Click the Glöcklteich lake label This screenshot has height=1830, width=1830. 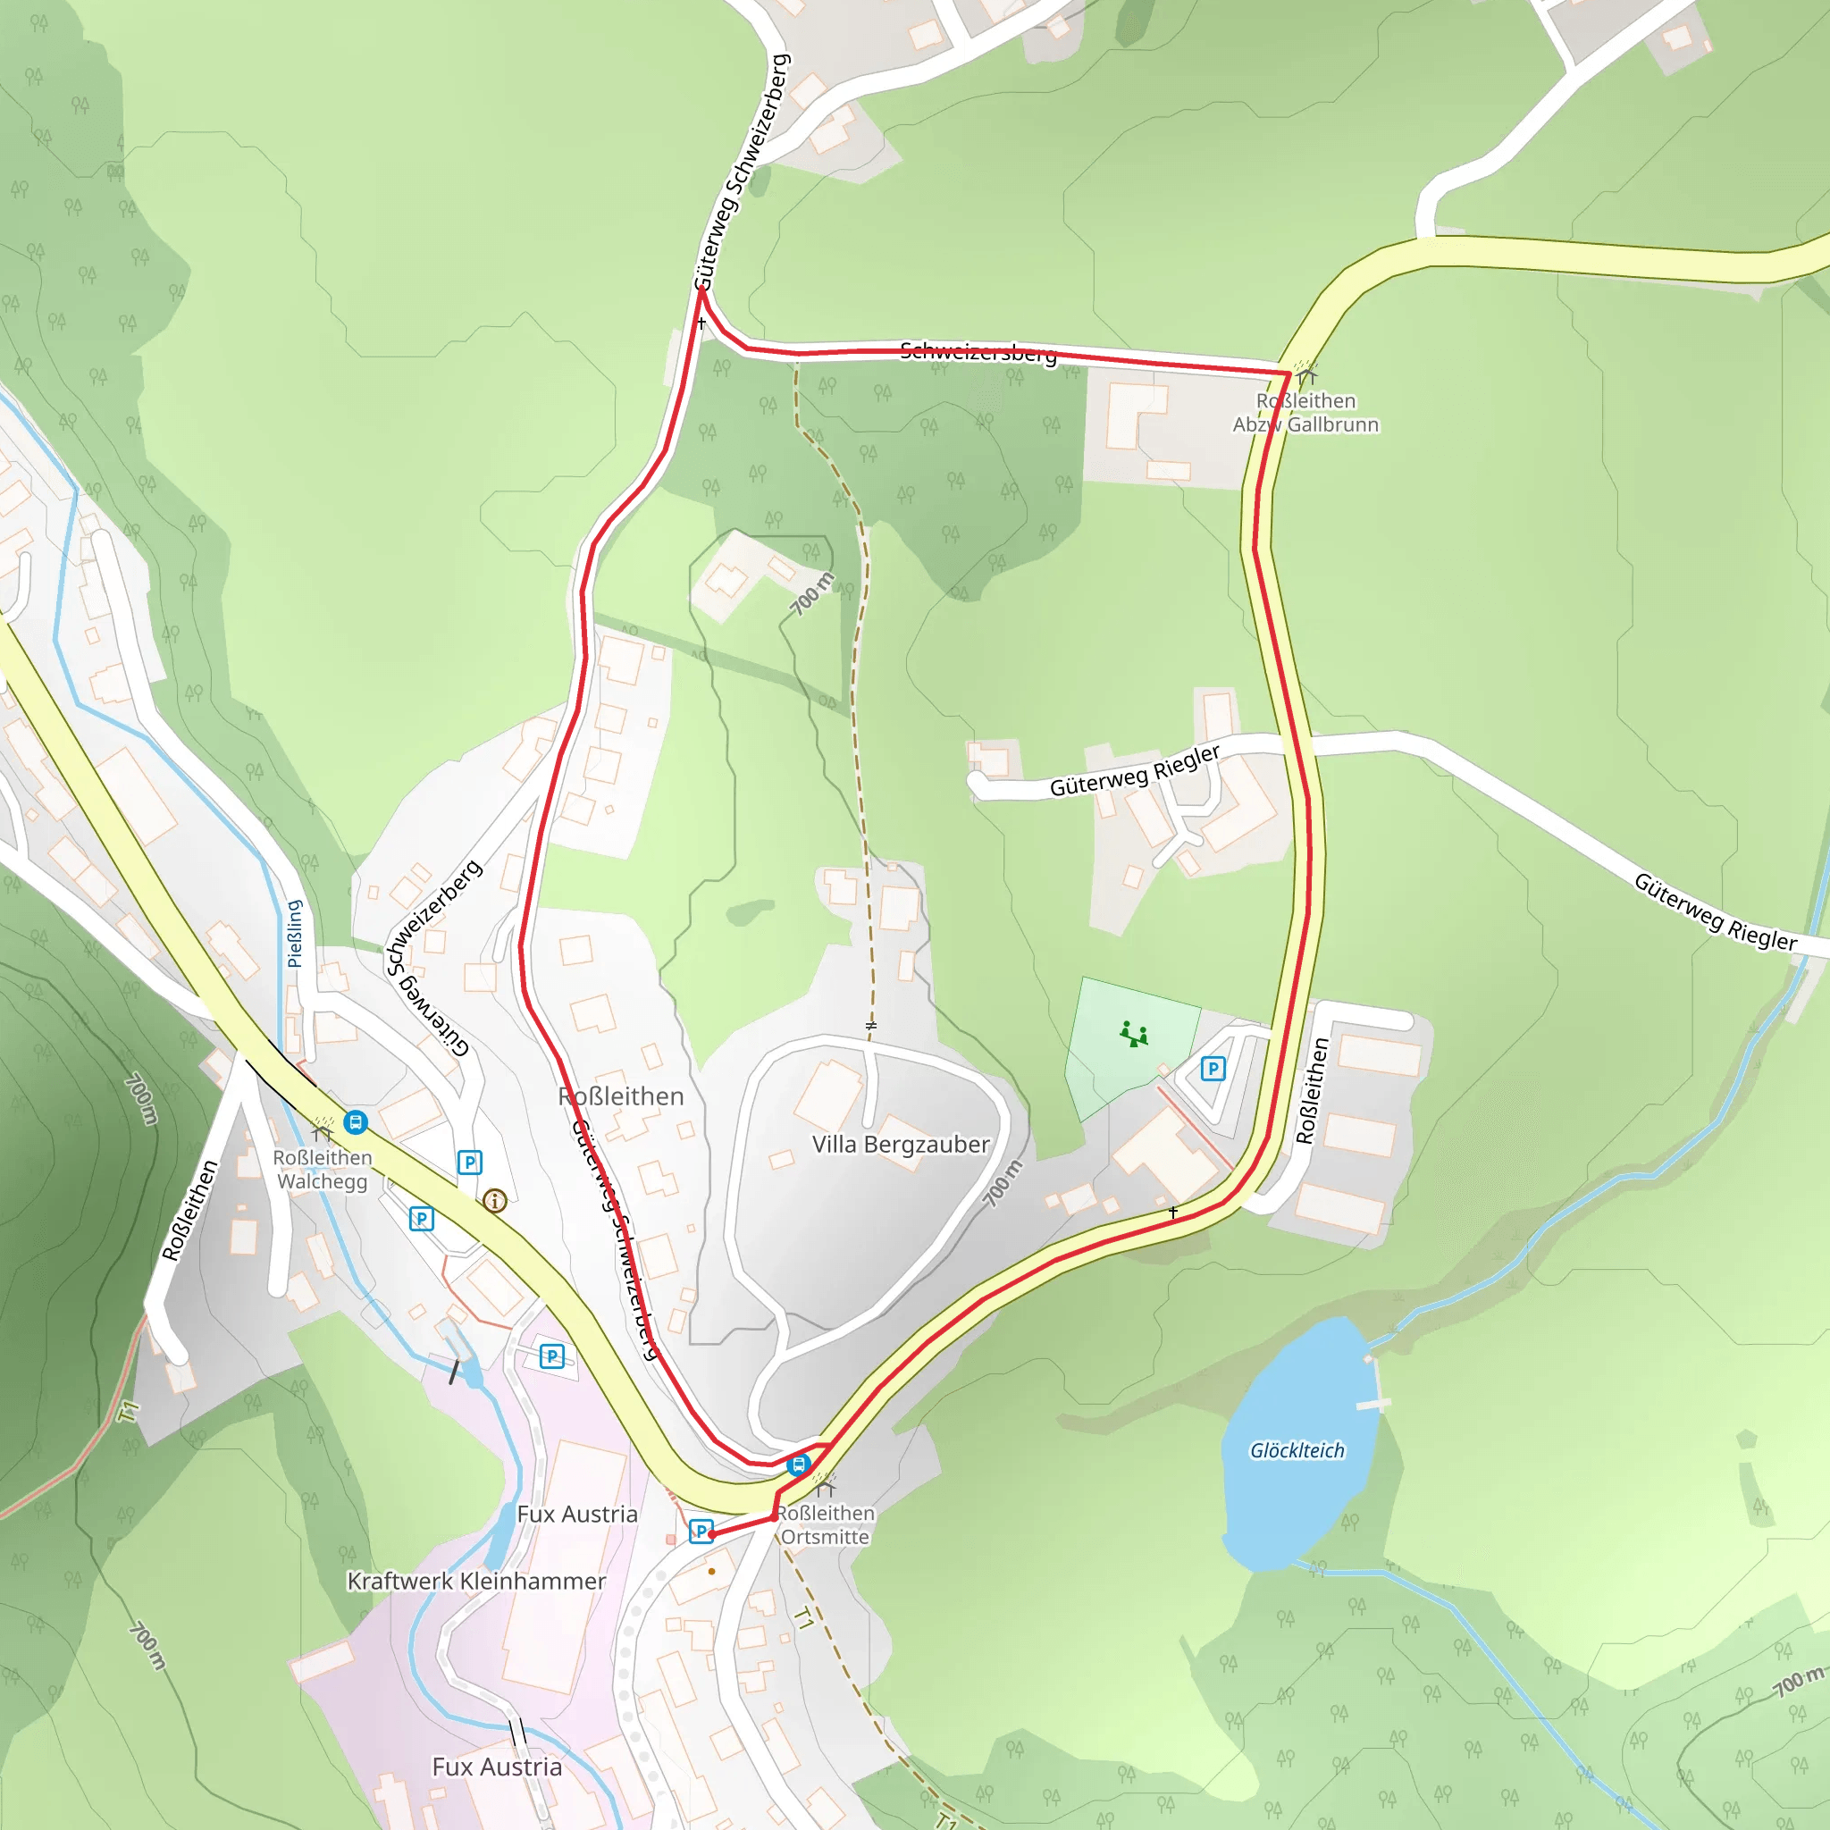click(x=1297, y=1450)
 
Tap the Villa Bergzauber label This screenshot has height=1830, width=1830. click(x=900, y=1145)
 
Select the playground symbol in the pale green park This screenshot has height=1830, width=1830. click(x=1134, y=1034)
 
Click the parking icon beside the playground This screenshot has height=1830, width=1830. click(x=1213, y=1069)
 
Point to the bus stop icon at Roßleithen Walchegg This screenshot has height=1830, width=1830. click(x=356, y=1122)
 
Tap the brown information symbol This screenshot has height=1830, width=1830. click(x=494, y=1201)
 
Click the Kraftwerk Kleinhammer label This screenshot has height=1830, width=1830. click(x=475, y=1581)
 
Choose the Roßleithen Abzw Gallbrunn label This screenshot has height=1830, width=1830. click(x=1305, y=413)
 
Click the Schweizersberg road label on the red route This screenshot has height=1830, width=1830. click(x=978, y=352)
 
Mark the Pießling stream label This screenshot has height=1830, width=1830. click(x=295, y=933)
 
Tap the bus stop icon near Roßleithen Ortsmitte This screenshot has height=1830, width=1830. click(x=799, y=1465)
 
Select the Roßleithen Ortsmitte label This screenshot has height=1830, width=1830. click(x=825, y=1525)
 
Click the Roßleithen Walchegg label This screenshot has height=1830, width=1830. click(x=322, y=1170)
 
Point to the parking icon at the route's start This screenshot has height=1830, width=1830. click(x=700, y=1532)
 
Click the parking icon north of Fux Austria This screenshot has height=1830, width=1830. click(x=551, y=1356)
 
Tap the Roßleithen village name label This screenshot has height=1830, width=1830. click(x=620, y=1097)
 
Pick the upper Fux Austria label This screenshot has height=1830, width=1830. click(x=577, y=1514)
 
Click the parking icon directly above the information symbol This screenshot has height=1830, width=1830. click(x=470, y=1163)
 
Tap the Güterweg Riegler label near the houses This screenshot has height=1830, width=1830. click(x=1134, y=771)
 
